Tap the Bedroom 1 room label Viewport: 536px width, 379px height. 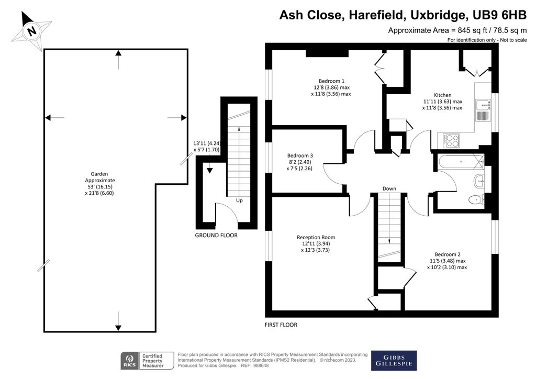332,81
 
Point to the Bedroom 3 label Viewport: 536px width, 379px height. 300,155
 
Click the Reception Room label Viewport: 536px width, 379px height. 318,237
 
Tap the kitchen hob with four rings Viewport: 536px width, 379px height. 452,141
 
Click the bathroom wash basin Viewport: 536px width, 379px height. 479,182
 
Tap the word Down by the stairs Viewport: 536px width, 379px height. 389,188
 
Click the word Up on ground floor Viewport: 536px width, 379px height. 239,200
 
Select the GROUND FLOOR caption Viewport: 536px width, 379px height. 216,236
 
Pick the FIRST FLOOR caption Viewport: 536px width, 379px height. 281,325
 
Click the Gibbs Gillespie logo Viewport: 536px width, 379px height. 394,360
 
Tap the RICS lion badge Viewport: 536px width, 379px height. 129,360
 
